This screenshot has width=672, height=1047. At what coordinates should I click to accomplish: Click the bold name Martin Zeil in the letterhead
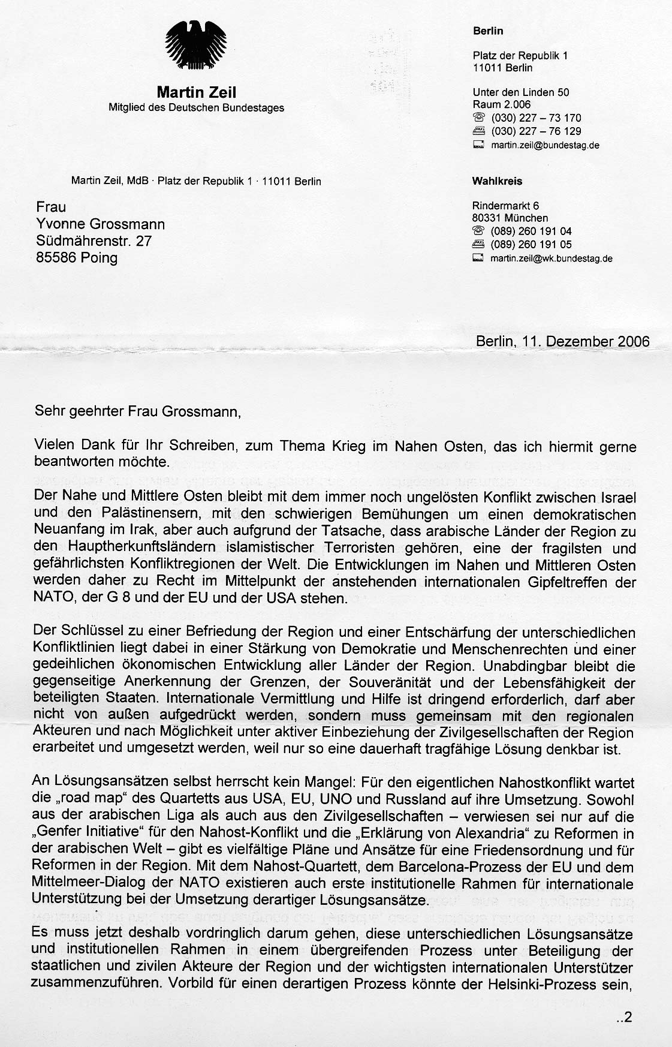click(x=196, y=92)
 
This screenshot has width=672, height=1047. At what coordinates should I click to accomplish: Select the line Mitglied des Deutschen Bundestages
click(x=196, y=108)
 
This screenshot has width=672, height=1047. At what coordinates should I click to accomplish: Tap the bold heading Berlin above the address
click(x=487, y=31)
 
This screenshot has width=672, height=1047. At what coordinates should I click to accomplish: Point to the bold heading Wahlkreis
click(x=497, y=181)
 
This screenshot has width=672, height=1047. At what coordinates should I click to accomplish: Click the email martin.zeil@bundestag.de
click(x=545, y=145)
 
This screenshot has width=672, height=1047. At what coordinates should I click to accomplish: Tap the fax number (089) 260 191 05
click(x=531, y=245)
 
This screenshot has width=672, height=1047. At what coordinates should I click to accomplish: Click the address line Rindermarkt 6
click(x=505, y=206)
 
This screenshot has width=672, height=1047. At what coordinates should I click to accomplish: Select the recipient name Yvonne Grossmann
click(x=100, y=224)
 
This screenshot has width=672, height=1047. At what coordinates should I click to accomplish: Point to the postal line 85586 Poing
click(x=77, y=258)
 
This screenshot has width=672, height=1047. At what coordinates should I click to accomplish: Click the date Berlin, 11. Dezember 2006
click(x=562, y=341)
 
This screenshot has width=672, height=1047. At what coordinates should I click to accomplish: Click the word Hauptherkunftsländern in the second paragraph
click(x=129, y=547)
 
